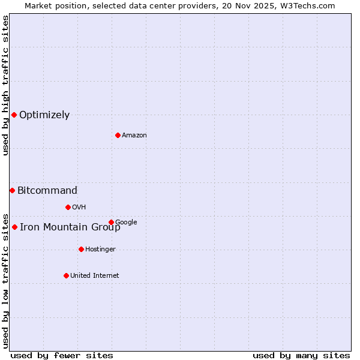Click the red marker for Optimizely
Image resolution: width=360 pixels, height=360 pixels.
14,115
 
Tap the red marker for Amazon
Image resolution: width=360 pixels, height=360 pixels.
118,135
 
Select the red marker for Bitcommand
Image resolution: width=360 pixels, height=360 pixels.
12,190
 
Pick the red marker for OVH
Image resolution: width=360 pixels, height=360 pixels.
68,207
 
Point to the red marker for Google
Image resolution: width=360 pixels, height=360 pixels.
111,222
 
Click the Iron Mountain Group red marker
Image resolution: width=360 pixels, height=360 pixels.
14,227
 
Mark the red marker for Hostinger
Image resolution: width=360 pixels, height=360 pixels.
81,249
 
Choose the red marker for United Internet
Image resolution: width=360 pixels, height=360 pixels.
66,275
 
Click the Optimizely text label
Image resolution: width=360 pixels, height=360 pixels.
44,115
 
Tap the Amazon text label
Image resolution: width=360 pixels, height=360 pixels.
134,136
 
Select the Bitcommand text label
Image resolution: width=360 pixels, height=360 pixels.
47,191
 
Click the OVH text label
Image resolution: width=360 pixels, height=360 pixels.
79,208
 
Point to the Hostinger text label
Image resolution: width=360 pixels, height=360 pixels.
100,250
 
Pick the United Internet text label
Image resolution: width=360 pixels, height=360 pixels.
94,276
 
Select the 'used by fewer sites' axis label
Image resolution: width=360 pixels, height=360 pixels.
62,355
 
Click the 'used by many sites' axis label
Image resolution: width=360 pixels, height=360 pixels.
301,355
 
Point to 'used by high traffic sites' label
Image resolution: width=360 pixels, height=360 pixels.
5,85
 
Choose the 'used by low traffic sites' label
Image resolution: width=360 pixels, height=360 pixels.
5,281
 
